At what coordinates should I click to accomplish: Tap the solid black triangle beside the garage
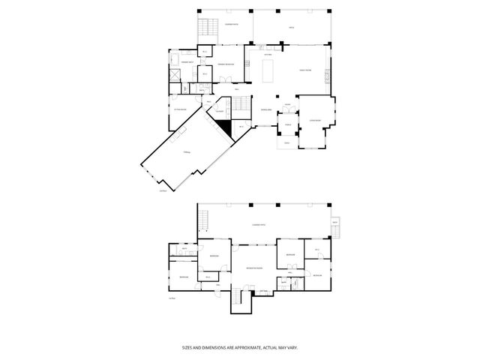coord(223,127)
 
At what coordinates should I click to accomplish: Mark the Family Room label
coord(307,68)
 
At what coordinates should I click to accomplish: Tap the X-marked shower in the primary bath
coord(174,75)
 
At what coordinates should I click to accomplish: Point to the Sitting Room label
coord(180,109)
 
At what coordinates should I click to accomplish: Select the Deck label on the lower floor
coord(334,223)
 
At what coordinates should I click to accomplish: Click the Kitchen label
coord(268,54)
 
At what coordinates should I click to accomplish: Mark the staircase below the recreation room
coord(239,298)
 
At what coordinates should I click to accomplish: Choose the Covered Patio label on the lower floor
coord(261,224)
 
